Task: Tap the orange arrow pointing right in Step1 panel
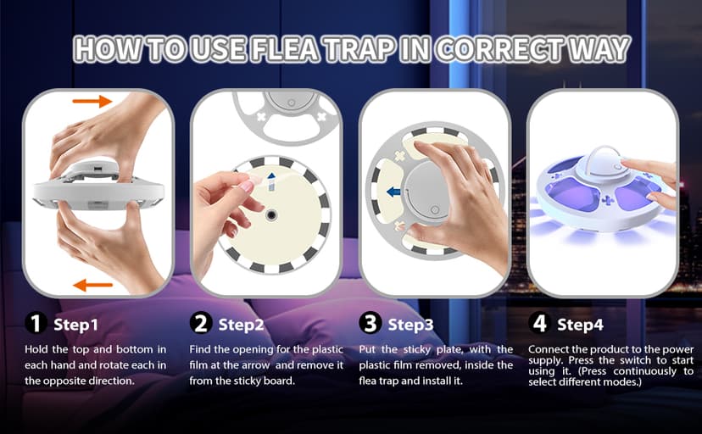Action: [x=92, y=102]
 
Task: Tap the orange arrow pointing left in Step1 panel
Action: [x=92, y=285]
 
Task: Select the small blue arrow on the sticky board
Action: [x=270, y=178]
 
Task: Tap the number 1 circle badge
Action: [x=34, y=323]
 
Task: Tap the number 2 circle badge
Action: [x=201, y=323]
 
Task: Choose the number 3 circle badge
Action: [x=370, y=323]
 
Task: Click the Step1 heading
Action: [x=76, y=324]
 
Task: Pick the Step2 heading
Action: [x=242, y=324]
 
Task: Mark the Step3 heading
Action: [x=411, y=324]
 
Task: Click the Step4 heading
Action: [x=580, y=324]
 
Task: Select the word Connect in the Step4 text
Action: [x=548, y=349]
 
